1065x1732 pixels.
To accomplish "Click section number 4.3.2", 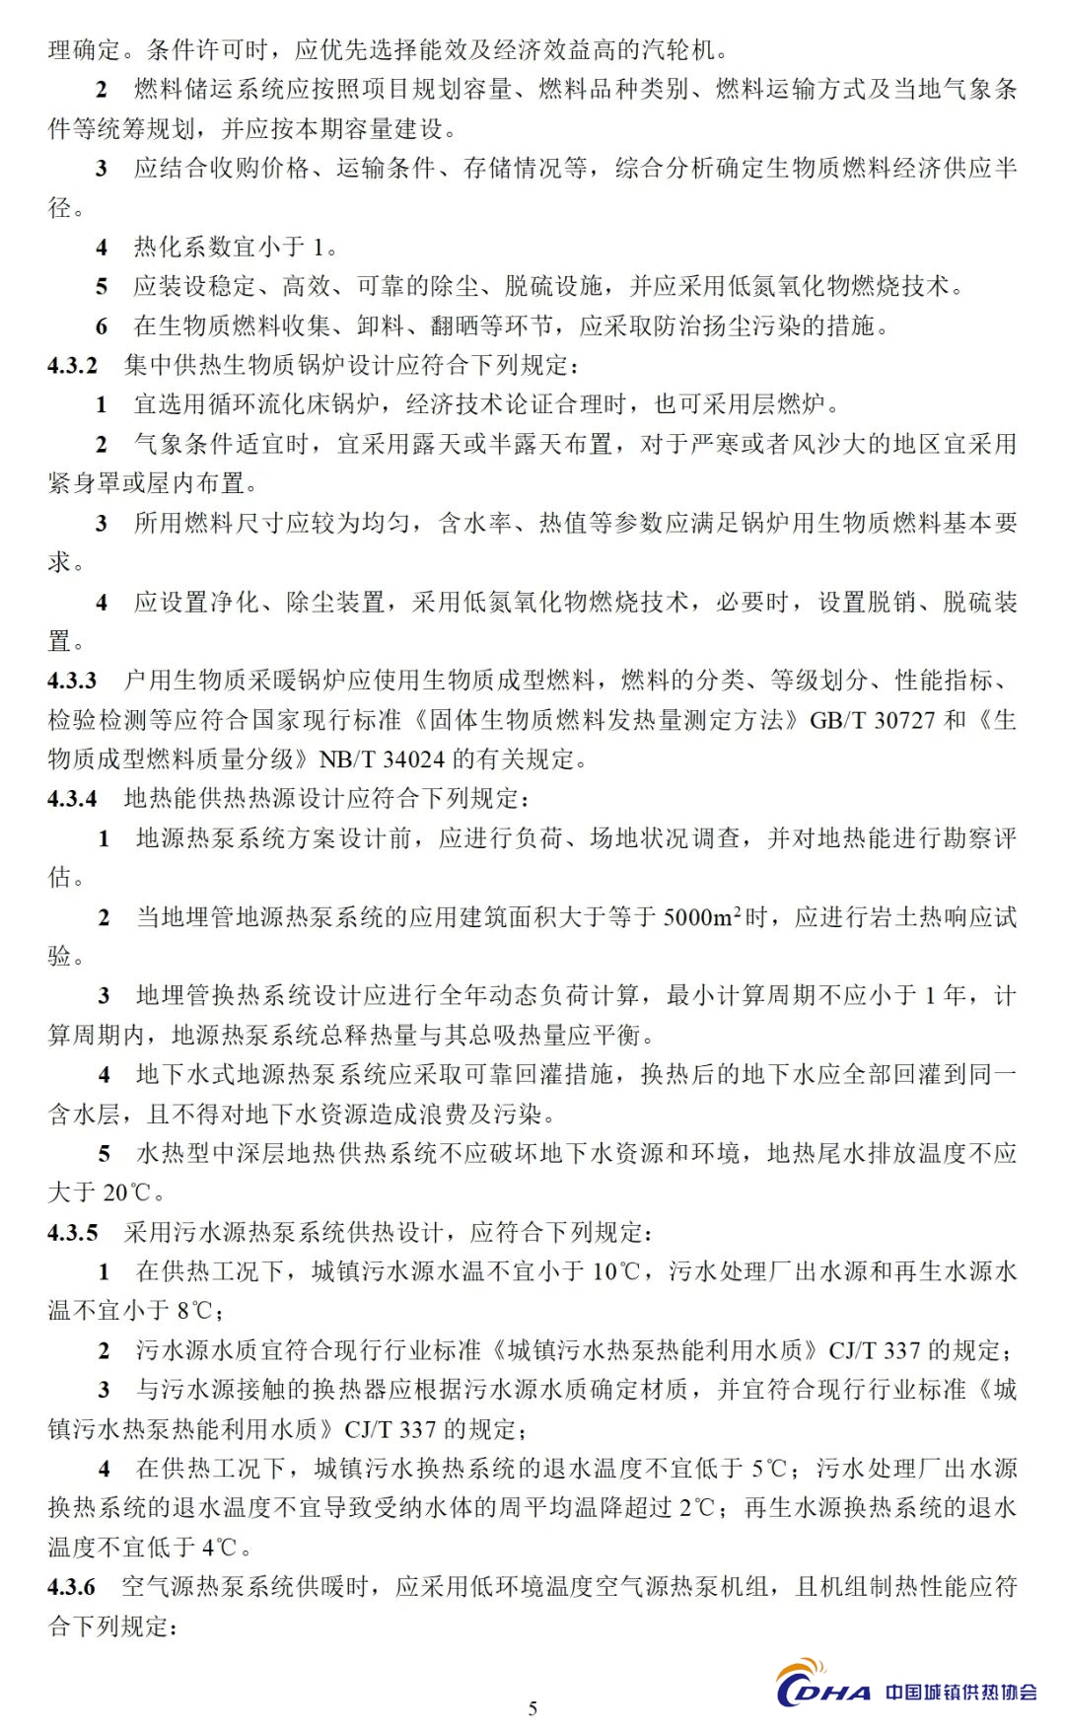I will [x=72, y=365].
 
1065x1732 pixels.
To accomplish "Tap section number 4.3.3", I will [x=72, y=681].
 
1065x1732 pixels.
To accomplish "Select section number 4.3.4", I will [x=72, y=798].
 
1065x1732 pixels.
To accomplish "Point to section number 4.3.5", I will [x=72, y=1232].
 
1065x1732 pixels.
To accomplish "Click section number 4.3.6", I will [x=72, y=1586].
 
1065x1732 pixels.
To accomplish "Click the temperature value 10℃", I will [x=616, y=1271].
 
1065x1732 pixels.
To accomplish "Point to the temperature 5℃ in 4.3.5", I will [x=768, y=1469].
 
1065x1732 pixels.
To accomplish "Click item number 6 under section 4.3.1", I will [x=102, y=326].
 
